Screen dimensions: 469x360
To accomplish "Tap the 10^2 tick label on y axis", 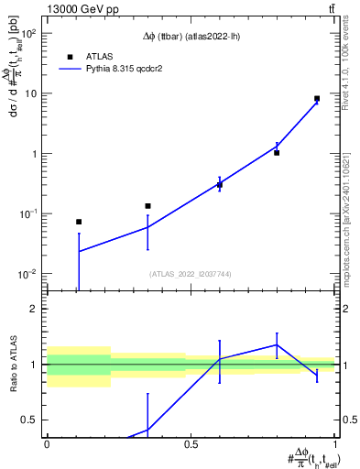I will click(27, 33).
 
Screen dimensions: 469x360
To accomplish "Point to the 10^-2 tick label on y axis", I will click(27, 274).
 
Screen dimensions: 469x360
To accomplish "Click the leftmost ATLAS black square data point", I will click(79, 222).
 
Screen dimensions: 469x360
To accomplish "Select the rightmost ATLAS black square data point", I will click(317, 98).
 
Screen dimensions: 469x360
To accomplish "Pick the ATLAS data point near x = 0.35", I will click(147, 206).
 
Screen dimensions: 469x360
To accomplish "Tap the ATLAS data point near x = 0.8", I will click(277, 153).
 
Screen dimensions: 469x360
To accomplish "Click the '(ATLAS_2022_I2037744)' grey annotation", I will click(191, 274).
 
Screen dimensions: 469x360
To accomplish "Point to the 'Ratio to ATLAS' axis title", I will click(14, 364).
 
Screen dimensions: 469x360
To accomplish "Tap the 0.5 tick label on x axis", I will click(191, 445).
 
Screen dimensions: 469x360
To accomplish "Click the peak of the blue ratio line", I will click(277, 345).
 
